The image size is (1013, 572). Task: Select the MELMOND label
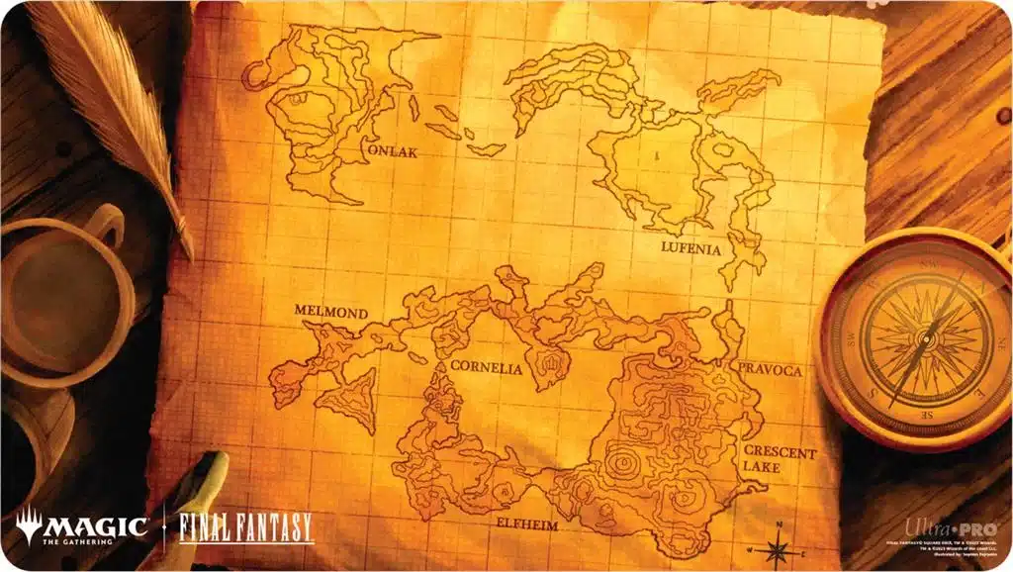tap(331, 313)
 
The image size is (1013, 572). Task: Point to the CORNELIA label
tap(486, 366)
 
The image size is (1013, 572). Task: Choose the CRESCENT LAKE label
tap(781, 461)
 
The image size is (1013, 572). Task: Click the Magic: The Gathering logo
tap(82, 525)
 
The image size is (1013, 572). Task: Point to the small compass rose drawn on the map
tap(779, 545)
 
